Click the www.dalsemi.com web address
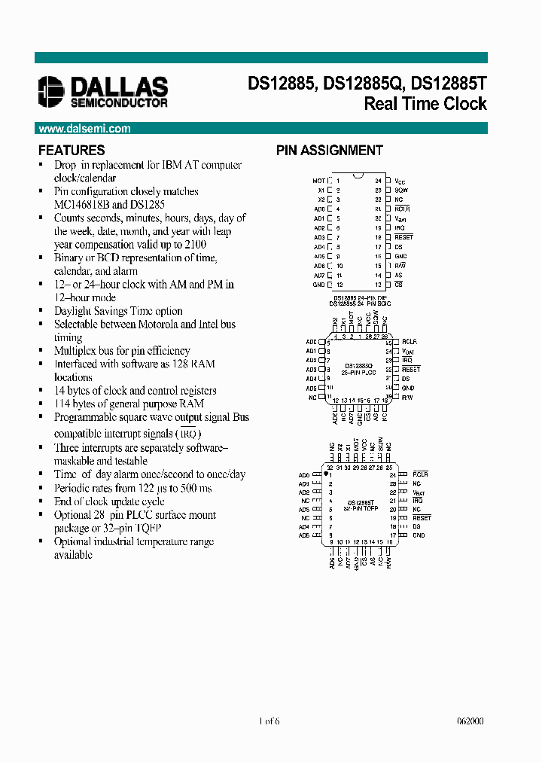pos(84,129)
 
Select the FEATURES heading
pos(72,150)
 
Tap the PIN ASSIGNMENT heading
pos(329,151)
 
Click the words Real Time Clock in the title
pos(425,104)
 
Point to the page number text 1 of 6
pos(269,721)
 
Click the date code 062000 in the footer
pos(470,721)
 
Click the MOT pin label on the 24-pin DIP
pos(318,181)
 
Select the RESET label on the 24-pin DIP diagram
pos(403,237)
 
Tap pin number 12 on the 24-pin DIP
pos(339,285)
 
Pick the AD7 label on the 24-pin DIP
pos(319,275)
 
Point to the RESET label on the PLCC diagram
pos(411,370)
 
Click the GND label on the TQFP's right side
pos(419,535)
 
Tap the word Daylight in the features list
pos(74,311)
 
